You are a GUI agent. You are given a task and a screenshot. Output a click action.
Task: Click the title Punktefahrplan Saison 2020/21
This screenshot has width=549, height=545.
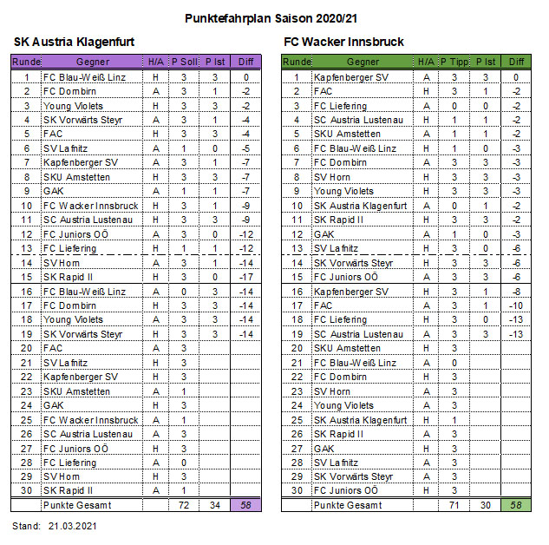click(x=273, y=17)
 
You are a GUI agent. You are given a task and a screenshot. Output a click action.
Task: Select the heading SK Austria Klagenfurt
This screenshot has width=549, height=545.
click(x=74, y=43)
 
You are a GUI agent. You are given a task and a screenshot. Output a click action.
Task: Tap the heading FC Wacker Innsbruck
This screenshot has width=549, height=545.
click(x=343, y=43)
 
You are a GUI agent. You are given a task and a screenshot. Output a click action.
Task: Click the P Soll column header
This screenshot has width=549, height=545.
click(x=183, y=62)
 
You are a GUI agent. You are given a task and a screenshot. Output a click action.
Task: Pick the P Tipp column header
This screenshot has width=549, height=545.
click(x=454, y=62)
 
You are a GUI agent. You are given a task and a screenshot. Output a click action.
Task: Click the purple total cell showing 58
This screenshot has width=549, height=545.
click(x=246, y=504)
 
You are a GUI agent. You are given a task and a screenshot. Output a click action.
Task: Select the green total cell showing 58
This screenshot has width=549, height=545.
click(x=517, y=504)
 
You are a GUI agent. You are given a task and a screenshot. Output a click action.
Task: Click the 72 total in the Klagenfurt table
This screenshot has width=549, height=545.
click(x=183, y=504)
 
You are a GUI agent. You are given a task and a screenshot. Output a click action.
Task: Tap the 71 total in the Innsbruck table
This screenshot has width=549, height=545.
click(x=454, y=504)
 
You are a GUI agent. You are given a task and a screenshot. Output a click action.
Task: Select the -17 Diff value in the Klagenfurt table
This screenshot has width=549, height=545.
click(x=246, y=277)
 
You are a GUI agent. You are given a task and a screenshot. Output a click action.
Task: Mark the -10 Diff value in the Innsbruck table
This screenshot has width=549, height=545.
click(x=517, y=305)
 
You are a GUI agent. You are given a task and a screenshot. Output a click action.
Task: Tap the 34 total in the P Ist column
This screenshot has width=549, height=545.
click(x=214, y=504)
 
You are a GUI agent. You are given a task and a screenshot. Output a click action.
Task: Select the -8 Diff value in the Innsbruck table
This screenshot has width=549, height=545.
click(x=517, y=292)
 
